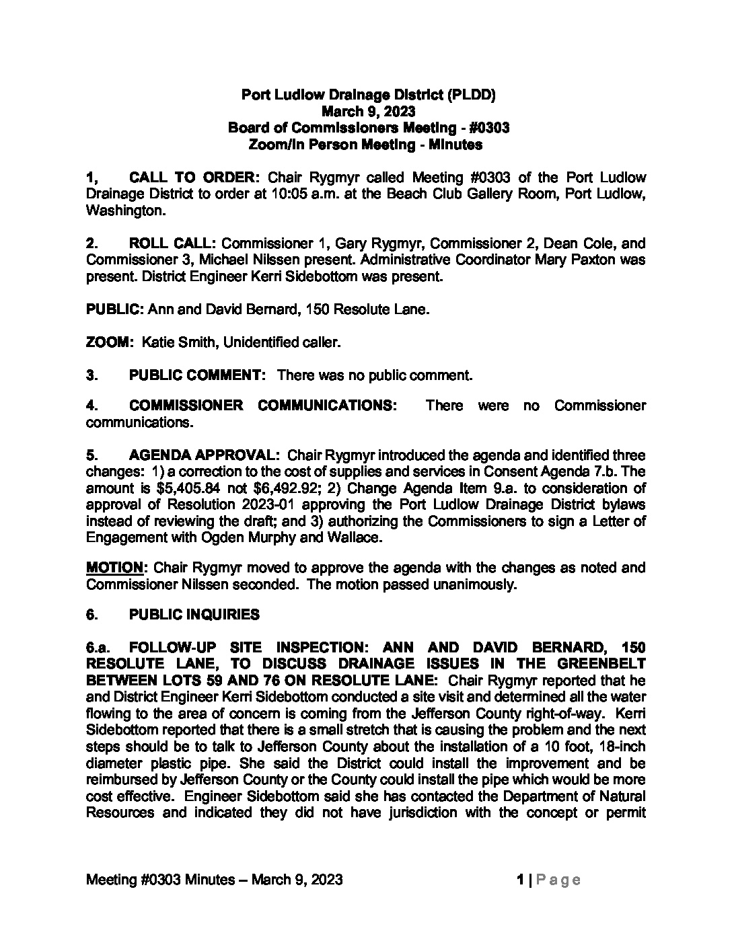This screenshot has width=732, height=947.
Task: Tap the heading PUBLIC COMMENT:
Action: pyautogui.click(x=198, y=375)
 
